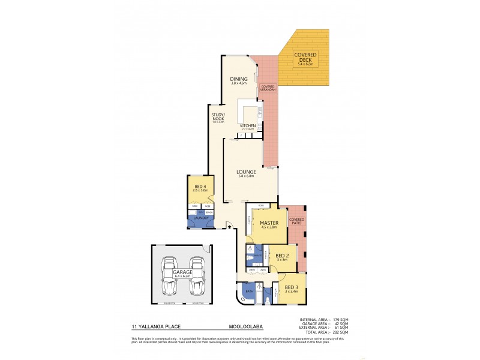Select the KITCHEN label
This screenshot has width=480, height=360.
coord(248,125)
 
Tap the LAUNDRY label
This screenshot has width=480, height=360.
coord(199,217)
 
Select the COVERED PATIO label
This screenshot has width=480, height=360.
coord(296,221)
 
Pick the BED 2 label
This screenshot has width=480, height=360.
coord(281,256)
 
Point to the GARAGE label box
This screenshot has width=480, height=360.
coord(183,272)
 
